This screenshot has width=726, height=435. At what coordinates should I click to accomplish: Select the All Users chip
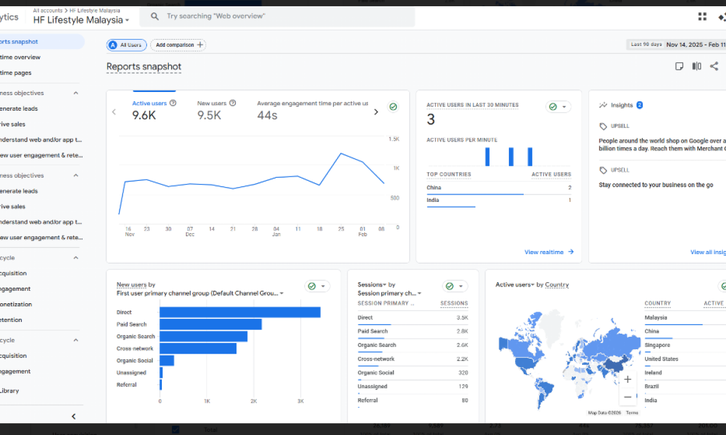coord(127,45)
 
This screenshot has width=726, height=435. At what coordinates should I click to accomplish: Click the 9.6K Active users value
coord(143,115)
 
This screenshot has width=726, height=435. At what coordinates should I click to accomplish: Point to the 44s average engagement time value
coord(267,115)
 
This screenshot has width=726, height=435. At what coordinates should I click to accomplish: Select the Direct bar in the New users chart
coord(240,313)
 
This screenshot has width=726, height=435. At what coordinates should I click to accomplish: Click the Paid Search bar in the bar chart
coord(210,324)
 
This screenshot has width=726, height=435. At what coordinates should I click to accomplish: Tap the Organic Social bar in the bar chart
coord(167,360)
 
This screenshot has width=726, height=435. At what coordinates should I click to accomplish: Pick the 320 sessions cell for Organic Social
coord(462,373)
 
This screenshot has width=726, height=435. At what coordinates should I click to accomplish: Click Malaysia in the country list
coord(656,318)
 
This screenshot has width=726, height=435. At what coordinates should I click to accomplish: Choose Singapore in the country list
coord(657,345)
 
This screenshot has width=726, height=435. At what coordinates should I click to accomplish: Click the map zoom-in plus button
coord(628,379)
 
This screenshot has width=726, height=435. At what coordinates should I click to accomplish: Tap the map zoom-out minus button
coord(628,396)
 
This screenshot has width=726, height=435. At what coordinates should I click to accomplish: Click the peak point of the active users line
coord(341,153)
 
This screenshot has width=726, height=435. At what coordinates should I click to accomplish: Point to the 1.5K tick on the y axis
coord(393,139)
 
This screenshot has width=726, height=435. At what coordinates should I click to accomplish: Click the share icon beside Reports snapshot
coord(714,66)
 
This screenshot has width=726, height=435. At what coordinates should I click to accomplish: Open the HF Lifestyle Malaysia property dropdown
coord(81,20)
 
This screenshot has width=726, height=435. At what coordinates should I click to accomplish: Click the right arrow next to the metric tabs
coord(375,112)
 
